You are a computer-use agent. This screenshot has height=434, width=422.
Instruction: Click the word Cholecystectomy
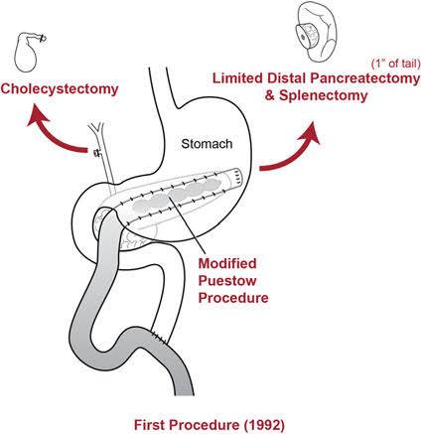pyautogui.click(x=60, y=89)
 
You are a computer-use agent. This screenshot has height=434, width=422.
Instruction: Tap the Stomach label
pyautogui.click(x=207, y=144)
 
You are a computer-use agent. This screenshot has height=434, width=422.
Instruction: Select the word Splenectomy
pyautogui.click(x=324, y=95)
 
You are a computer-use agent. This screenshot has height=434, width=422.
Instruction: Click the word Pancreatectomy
pyautogui.click(x=365, y=78)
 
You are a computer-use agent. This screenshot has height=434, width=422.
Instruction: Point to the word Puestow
pyautogui.click(x=227, y=281)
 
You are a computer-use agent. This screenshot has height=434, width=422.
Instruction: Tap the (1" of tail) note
pyautogui.click(x=395, y=64)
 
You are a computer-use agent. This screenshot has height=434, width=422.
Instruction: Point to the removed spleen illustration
pyautogui.click(x=316, y=34)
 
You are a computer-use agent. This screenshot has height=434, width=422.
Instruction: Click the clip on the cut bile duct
pyautogui.click(x=96, y=152)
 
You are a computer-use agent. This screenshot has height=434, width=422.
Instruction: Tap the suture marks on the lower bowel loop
pyautogui.click(x=160, y=337)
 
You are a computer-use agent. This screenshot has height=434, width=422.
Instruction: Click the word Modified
pyautogui.click(x=227, y=263)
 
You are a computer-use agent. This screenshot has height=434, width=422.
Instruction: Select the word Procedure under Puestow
pyautogui.click(x=233, y=298)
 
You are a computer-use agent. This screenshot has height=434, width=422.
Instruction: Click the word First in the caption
pyautogui.click(x=150, y=425)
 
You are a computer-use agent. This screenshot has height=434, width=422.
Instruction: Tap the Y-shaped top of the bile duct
pyautogui.click(x=96, y=129)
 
